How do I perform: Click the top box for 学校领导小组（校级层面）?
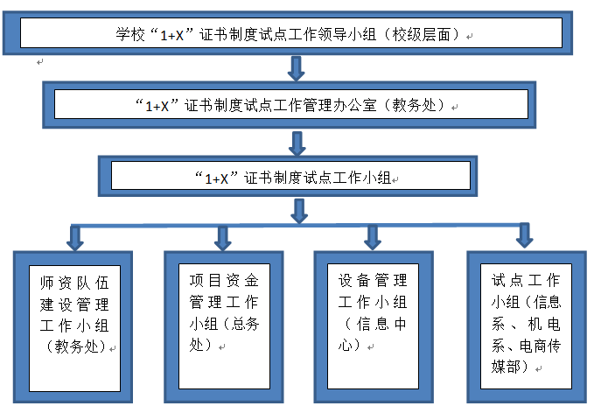[288, 33]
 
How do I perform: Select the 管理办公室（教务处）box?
[289, 105]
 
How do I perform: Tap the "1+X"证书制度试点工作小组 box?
[288, 176]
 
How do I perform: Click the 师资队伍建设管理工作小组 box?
[73, 327]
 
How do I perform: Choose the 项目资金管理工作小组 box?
[223, 326]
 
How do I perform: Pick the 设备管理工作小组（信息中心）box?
[374, 326]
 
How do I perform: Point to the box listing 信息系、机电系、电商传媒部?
[527, 326]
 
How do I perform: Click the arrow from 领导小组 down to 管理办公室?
[297, 68]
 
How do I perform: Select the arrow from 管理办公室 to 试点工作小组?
[297, 143]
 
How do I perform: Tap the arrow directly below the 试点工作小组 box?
[299, 211]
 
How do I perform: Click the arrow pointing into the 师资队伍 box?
[75, 238]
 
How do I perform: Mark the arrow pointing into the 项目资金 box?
[223, 238]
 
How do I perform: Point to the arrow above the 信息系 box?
[525, 235]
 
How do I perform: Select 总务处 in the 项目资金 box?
[223, 334]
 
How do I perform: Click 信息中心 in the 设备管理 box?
[373, 334]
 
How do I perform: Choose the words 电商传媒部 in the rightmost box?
[527, 356]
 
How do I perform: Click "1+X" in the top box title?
[172, 36]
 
